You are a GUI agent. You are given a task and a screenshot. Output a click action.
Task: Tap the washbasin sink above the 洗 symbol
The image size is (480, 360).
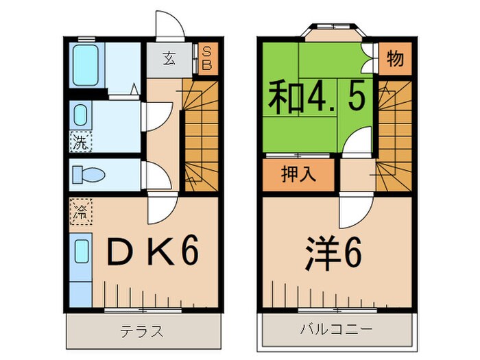click(80, 115)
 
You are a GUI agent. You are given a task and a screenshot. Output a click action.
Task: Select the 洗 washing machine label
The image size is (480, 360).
click(81, 143)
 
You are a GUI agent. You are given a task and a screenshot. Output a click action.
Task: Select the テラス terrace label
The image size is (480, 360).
click(143, 331)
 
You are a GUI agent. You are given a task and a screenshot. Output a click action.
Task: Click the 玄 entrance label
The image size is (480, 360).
click(169, 59)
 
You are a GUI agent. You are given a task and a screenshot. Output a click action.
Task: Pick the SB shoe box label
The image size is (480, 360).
click(206, 59)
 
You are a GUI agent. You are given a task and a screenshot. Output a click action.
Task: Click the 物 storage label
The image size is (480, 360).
click(394, 60)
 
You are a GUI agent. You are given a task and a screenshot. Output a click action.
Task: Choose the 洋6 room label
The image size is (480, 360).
click(333, 255)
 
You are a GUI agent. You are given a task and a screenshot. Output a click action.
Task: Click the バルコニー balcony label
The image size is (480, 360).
click(337, 331)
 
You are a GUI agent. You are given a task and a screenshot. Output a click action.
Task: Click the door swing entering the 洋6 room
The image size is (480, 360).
click(356, 209)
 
